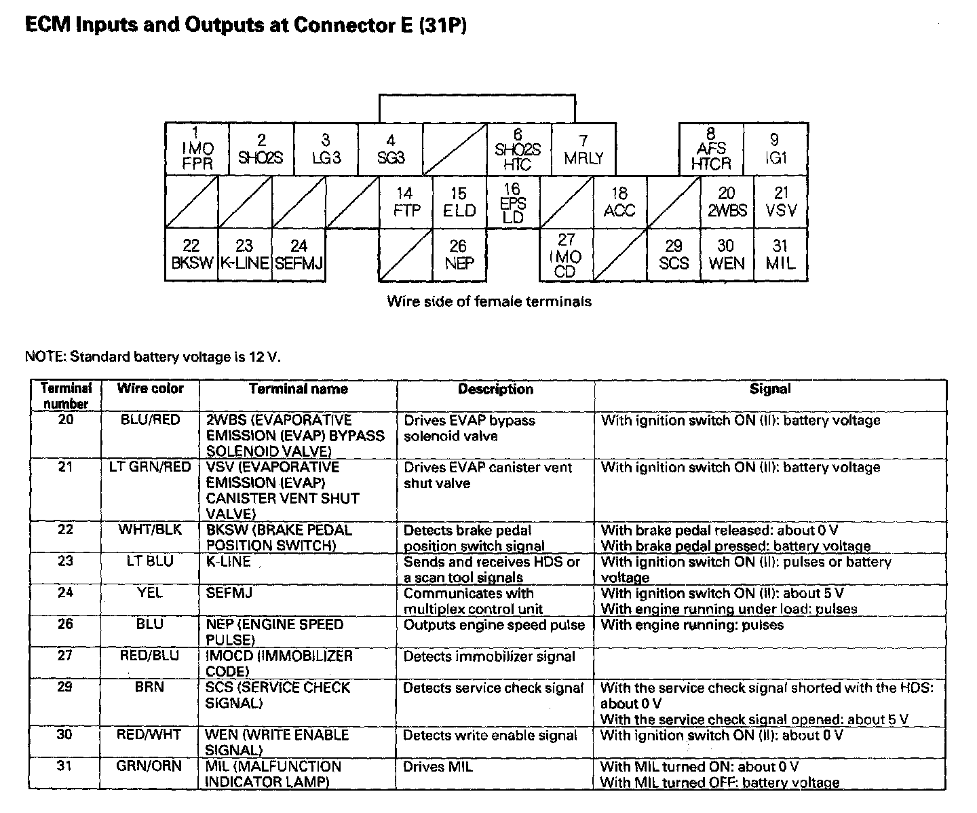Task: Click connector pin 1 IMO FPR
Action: [197, 149]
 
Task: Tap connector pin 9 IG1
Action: [775, 149]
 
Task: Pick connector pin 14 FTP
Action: [406, 202]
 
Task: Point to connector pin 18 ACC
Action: [619, 202]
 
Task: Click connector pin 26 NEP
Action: [459, 255]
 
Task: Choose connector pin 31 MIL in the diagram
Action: [780, 255]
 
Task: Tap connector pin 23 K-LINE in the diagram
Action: [245, 255]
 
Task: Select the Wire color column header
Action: [150, 388]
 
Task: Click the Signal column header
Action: [770, 389]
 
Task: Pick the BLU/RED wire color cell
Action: [150, 420]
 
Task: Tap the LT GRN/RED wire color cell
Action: [150, 468]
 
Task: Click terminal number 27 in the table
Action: [65, 656]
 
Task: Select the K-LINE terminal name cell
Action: [229, 562]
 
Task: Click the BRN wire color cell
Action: [150, 687]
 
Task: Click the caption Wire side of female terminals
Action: [488, 301]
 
